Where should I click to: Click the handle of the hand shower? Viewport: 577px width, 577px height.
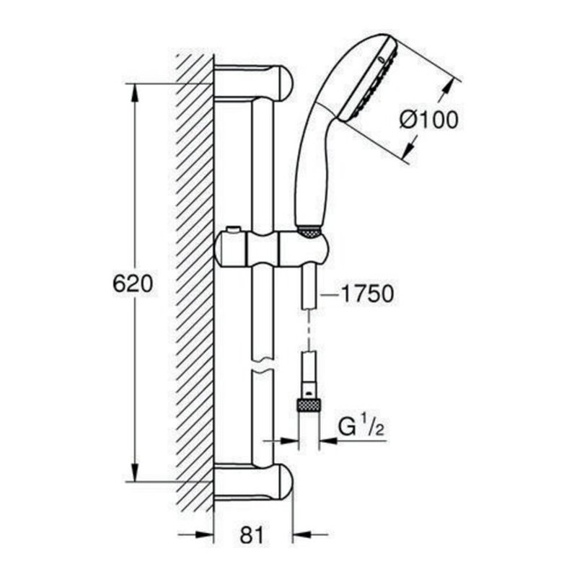pos(312,166)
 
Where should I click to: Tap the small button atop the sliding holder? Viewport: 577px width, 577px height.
pos(233,230)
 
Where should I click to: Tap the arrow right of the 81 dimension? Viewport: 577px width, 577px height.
pos(301,535)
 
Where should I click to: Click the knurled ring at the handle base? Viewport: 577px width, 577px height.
pos(309,232)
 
